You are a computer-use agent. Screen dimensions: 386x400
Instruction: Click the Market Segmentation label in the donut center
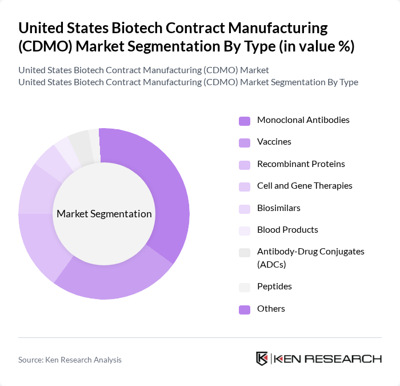pyautogui.click(x=104, y=214)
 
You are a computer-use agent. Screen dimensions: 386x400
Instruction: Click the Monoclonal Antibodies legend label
pyautogui.click(x=303, y=120)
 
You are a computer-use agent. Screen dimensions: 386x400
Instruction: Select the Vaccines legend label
pyautogui.click(x=274, y=142)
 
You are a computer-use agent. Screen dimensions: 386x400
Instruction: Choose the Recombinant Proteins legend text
pyautogui.click(x=301, y=164)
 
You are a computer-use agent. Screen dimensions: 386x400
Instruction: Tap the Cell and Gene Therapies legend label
pyautogui.click(x=305, y=186)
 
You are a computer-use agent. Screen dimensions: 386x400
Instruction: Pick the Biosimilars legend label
pyautogui.click(x=278, y=208)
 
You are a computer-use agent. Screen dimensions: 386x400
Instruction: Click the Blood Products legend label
pyautogui.click(x=287, y=230)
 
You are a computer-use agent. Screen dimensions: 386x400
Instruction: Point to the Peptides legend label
pyautogui.click(x=274, y=286)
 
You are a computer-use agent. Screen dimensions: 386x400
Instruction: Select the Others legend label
pyautogui.click(x=271, y=309)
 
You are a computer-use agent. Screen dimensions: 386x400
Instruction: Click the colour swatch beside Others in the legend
pyautogui.click(x=245, y=309)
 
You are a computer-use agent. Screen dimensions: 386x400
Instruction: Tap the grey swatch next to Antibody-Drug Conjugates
pyautogui.click(x=245, y=252)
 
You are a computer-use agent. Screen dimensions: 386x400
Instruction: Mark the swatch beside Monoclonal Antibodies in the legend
pyautogui.click(x=245, y=121)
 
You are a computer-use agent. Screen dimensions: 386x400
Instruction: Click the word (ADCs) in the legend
pyautogui.click(x=271, y=265)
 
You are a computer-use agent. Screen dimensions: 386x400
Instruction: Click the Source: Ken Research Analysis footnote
pyautogui.click(x=70, y=360)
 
